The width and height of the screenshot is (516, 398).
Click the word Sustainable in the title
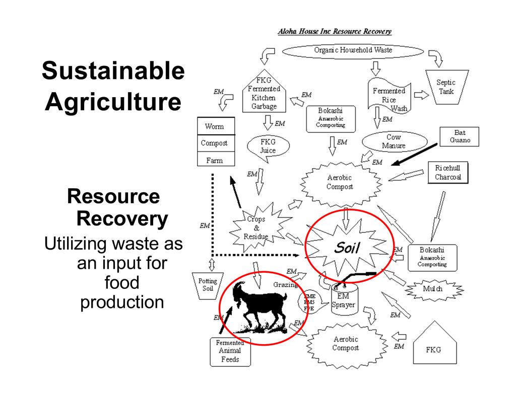pos(113,71)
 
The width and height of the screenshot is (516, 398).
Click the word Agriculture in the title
pos(113,102)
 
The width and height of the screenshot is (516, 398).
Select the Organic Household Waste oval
pos(353,50)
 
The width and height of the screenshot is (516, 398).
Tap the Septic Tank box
pos(445,88)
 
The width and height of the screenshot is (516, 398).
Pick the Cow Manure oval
pos(394,141)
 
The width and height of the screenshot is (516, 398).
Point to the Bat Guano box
pos(459,136)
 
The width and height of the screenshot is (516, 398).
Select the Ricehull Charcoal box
pos(447,172)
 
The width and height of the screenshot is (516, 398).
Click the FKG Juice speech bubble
pos(268,146)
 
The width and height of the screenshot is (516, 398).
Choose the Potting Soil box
pos(208,285)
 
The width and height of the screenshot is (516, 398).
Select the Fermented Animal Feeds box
pos(230,351)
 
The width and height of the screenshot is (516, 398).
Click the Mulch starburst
pos(432,289)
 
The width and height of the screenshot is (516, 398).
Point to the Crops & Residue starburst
pos(256,227)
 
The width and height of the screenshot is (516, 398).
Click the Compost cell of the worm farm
pos(214,143)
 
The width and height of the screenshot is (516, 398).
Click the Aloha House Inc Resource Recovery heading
pos(335,32)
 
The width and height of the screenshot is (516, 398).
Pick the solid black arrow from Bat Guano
pos(415,154)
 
